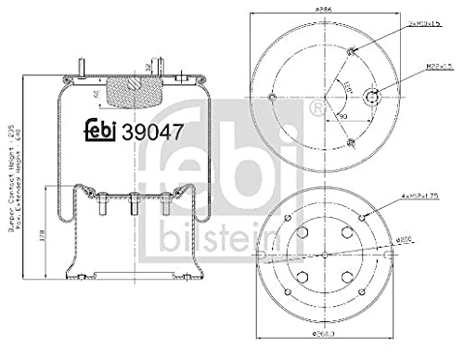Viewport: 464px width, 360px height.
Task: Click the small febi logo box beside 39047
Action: point(103,133)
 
